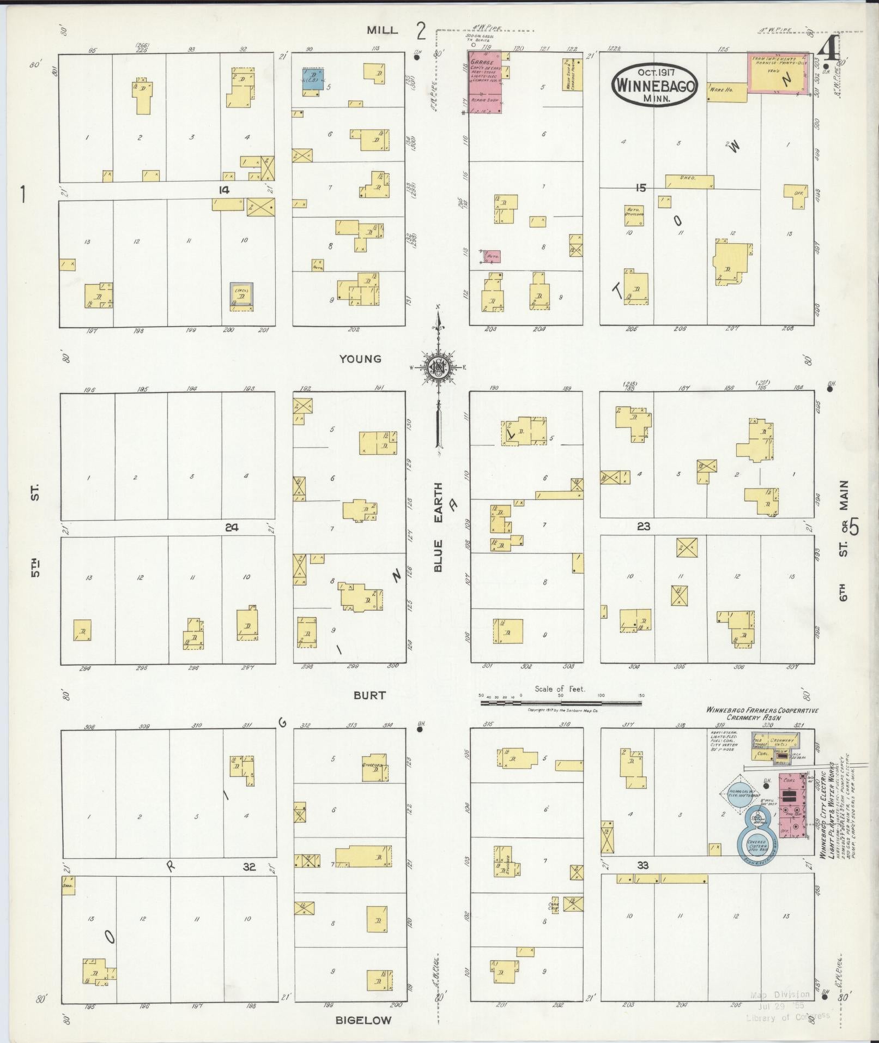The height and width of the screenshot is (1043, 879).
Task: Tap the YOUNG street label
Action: click(360, 359)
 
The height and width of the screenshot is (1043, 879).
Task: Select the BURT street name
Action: click(369, 695)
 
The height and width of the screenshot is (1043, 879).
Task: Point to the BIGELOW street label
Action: click(363, 1020)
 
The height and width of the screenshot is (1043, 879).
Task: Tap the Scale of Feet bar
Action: click(560, 703)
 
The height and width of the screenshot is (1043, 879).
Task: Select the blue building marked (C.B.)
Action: click(313, 79)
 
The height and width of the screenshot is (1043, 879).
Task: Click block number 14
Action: click(223, 190)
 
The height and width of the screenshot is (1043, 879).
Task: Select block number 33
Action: click(643, 865)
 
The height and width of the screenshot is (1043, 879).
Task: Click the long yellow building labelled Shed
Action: click(689, 181)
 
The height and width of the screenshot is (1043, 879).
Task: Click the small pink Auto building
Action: click(493, 256)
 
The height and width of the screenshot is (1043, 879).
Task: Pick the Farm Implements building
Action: click(778, 73)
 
